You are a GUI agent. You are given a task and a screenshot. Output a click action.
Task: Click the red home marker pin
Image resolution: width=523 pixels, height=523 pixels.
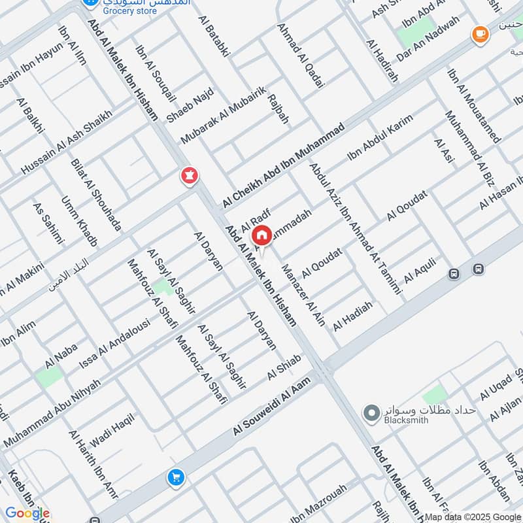(x=261, y=235)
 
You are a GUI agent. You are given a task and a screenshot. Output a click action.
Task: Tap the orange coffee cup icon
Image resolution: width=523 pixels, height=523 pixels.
(x=481, y=33)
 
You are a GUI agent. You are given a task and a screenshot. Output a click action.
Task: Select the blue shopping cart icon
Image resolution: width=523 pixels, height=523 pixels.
(x=175, y=478)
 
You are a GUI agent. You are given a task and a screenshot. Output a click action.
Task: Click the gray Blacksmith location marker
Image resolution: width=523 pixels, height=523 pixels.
(x=371, y=413)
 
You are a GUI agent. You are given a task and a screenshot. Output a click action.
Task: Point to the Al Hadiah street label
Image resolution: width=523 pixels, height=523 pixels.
(x=353, y=316)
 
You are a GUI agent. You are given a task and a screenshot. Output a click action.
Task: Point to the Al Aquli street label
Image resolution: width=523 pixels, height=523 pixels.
(x=420, y=269)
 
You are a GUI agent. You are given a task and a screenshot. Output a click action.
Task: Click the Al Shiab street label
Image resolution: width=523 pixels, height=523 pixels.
(x=284, y=367)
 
